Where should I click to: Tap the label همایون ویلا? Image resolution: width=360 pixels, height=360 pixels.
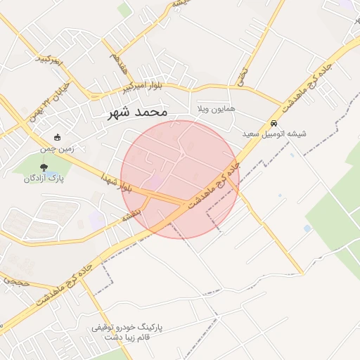(x=212, y=110)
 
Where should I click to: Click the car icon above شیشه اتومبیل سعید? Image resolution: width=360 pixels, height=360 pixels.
(x=273, y=122)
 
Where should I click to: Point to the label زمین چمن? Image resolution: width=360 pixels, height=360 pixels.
(x=56, y=149)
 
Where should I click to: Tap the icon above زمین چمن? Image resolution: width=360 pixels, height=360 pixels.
(x=57, y=138)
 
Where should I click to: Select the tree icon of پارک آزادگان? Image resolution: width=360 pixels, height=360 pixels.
(x=44, y=167)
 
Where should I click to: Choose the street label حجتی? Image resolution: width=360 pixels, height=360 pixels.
(x=15, y=281)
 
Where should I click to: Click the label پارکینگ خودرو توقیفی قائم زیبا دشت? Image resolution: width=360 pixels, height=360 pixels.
(x=128, y=333)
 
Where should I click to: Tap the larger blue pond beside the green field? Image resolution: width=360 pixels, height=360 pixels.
(x=307, y=229)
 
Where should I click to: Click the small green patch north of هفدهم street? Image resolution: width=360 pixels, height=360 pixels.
(x=124, y=8)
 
